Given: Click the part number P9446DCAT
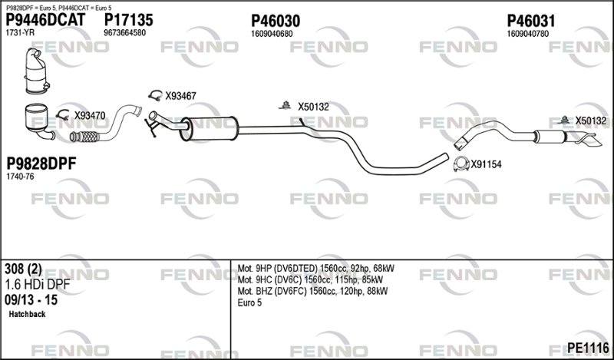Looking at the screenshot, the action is click(x=45, y=20).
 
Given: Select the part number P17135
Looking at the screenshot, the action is click(x=128, y=20).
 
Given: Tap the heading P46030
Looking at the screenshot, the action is click(x=276, y=21).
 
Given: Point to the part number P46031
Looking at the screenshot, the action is click(x=531, y=21).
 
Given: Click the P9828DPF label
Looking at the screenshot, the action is click(x=41, y=163).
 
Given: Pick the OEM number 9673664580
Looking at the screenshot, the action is click(x=124, y=33).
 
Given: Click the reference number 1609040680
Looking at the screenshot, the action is click(x=272, y=34).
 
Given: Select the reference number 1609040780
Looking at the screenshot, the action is click(x=528, y=34).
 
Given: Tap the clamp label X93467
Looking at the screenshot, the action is click(x=180, y=96).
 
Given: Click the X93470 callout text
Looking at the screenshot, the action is click(x=90, y=116).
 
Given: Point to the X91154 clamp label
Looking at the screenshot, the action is click(x=486, y=164).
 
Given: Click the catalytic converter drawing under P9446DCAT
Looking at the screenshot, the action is click(x=37, y=71).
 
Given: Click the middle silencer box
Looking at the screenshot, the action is click(x=209, y=128).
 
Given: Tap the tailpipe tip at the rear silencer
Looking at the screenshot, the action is click(x=589, y=140).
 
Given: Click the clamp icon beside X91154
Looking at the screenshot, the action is click(x=461, y=164).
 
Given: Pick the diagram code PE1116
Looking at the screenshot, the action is click(x=588, y=348).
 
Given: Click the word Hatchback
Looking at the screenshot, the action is click(x=27, y=314).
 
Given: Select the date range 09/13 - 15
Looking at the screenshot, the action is click(x=31, y=300).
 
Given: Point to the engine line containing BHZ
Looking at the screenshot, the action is click(x=312, y=292).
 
